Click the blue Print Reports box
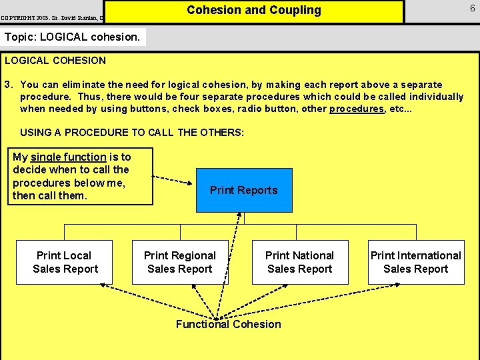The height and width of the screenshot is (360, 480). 244,190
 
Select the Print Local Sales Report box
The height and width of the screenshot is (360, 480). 65,262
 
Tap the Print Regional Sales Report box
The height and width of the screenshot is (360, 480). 180,262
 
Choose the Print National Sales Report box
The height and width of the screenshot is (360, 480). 300,262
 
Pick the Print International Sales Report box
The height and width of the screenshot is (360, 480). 416,262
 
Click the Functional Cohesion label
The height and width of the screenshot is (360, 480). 229,325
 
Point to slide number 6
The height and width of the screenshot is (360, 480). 472,8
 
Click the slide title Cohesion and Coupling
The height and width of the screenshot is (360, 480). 254,11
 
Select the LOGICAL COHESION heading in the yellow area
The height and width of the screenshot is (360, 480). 55,61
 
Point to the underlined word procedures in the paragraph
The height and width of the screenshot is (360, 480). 357,109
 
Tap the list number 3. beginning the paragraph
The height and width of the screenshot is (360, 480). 9,85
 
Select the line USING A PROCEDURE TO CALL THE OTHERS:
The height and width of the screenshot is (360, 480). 132,133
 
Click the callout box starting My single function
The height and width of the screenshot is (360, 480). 80,176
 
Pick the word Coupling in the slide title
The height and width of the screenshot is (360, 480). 293,11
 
